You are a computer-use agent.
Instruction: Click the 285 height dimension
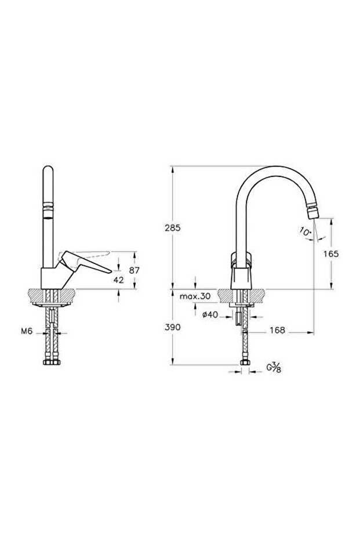[172, 227]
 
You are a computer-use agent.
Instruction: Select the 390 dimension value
[172, 327]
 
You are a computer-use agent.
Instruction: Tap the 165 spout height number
[332, 254]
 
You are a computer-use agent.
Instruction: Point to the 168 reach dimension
[278, 330]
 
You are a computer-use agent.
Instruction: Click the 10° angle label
[306, 231]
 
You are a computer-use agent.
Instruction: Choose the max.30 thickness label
[195, 296]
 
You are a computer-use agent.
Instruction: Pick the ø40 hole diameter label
[210, 314]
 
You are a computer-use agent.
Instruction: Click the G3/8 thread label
[274, 368]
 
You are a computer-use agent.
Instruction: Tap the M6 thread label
[27, 331]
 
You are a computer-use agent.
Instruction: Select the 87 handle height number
[134, 270]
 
